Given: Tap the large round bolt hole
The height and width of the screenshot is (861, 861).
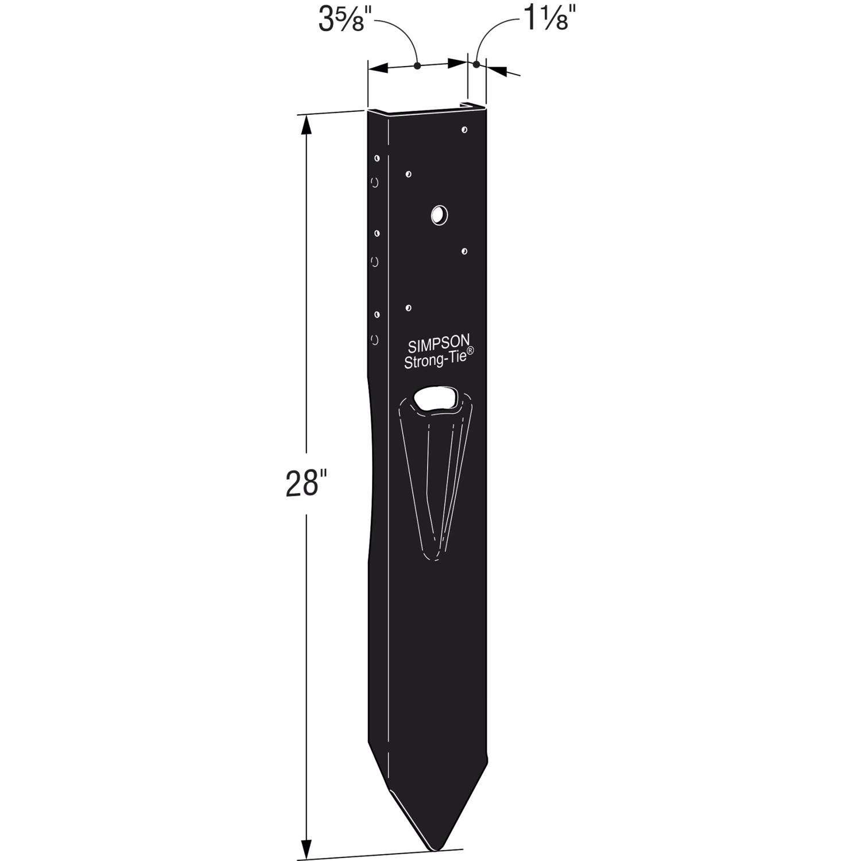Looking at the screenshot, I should coord(439,215).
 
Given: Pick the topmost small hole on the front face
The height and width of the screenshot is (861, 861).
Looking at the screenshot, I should coord(464,130).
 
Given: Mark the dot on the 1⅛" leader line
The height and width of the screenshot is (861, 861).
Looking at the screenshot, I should coord(476,65).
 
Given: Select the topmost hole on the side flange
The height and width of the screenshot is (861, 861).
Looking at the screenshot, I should coord(377,158).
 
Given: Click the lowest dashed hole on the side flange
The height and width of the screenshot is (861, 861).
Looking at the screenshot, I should coord(375,340).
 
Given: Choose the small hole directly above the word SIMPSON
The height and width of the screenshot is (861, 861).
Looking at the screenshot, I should coord(408,308).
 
